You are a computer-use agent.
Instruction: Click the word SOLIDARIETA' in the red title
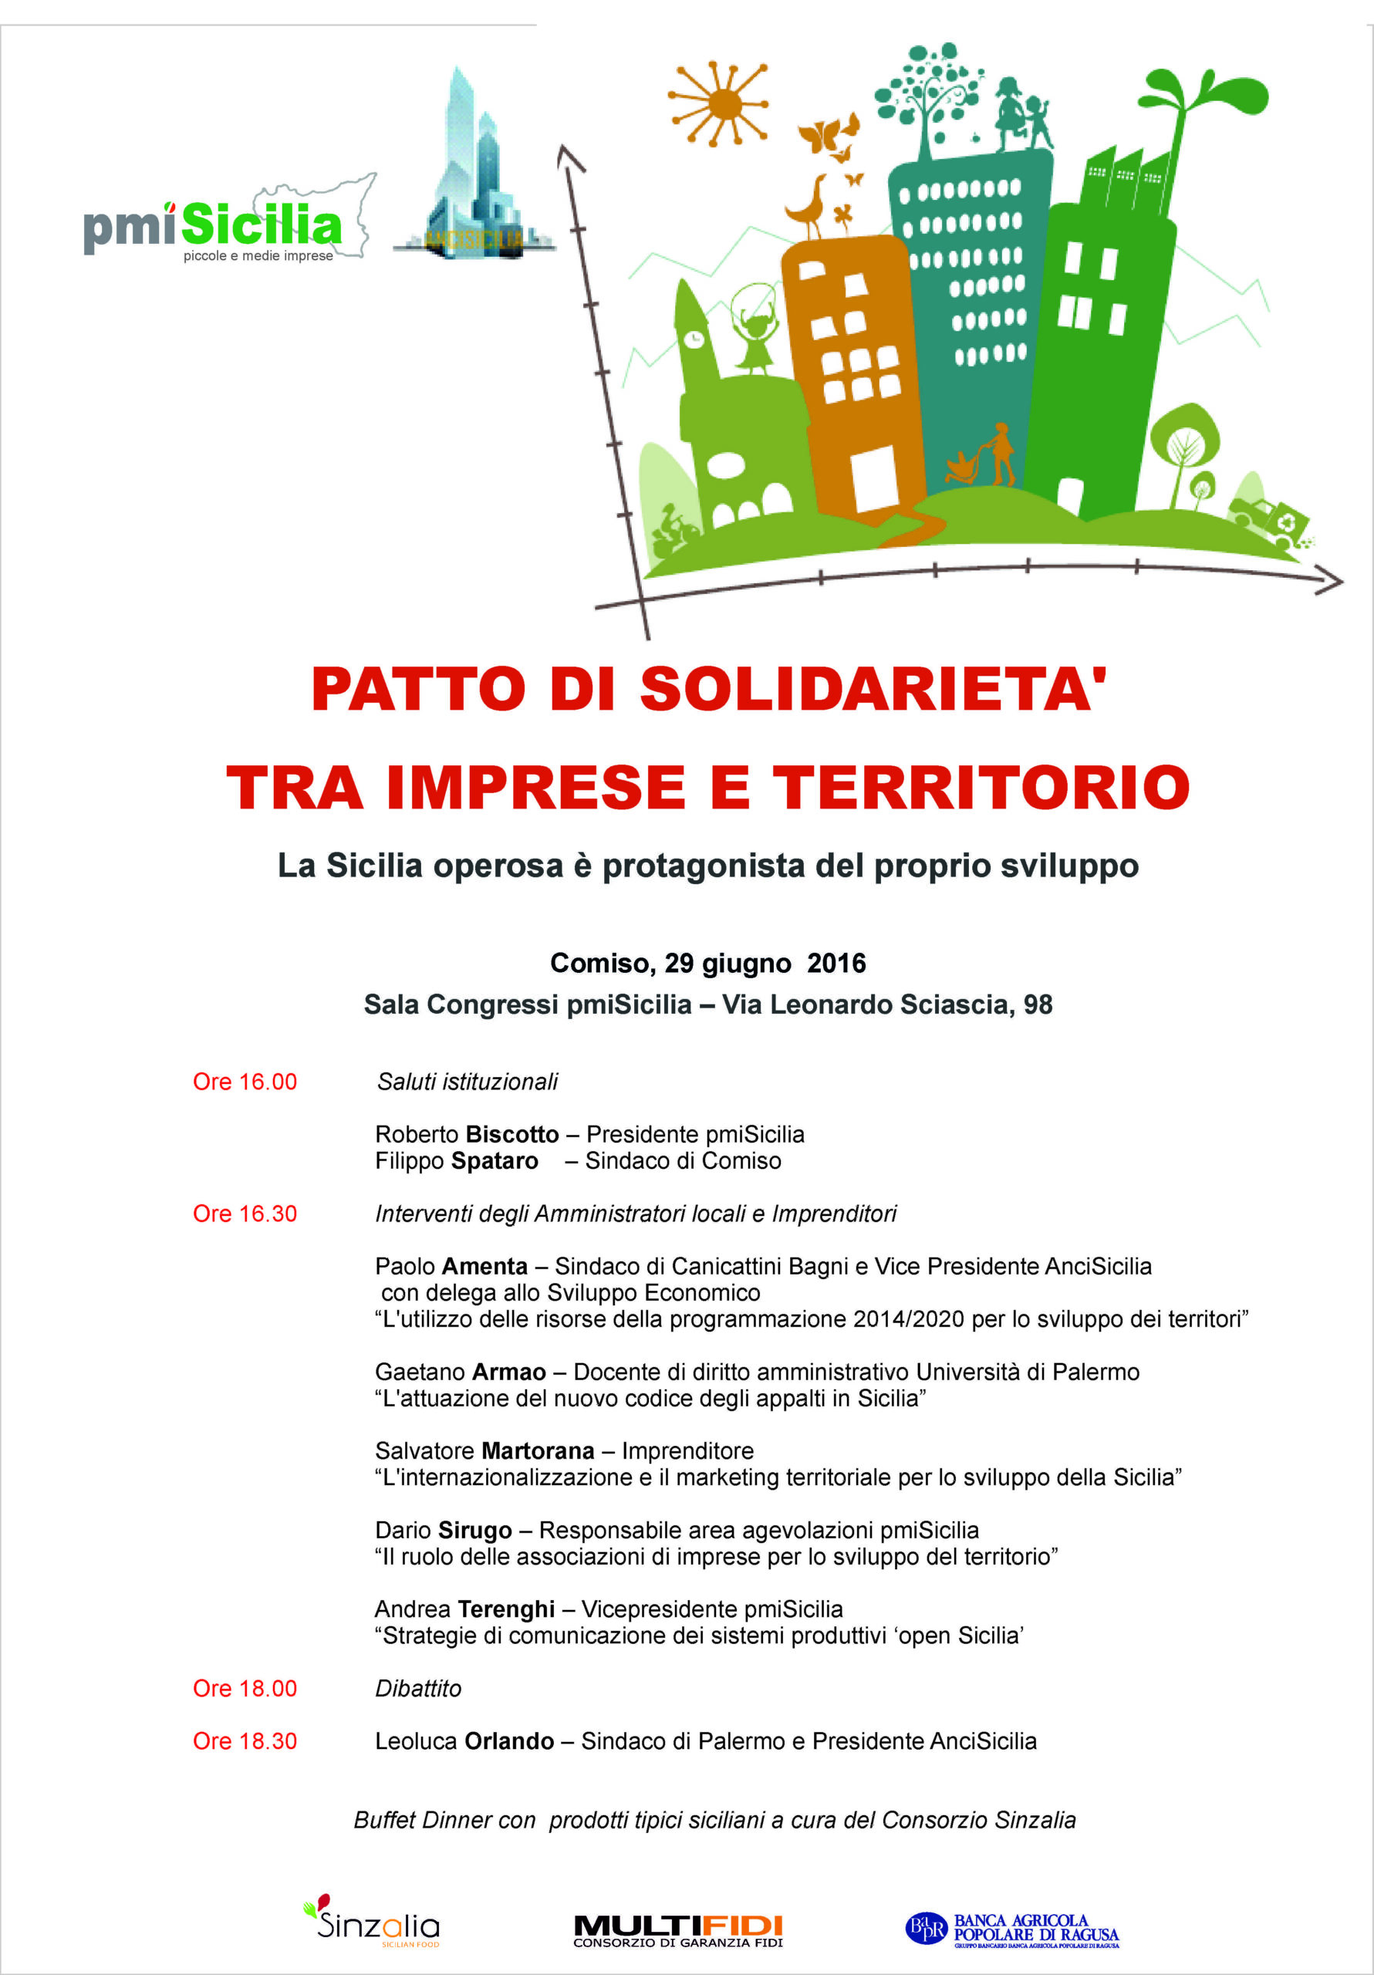pyautogui.click(x=873, y=689)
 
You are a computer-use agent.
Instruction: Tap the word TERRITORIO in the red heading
pyautogui.click(x=981, y=788)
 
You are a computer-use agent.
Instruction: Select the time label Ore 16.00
pyautogui.click(x=245, y=1082)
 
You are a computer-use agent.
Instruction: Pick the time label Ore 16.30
pyautogui.click(x=245, y=1213)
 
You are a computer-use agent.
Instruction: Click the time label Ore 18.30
pyautogui.click(x=245, y=1740)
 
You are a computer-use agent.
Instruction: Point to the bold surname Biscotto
pyautogui.click(x=512, y=1135)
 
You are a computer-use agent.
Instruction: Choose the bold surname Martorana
pyautogui.click(x=538, y=1450)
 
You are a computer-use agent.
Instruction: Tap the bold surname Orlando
pyautogui.click(x=508, y=1740)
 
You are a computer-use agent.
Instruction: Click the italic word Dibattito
pyautogui.click(x=418, y=1688)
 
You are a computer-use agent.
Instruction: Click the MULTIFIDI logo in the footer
pyautogui.click(x=678, y=1929)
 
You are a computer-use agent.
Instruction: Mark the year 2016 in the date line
pyautogui.click(x=836, y=963)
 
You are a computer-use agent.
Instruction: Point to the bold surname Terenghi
pyautogui.click(x=506, y=1609)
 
